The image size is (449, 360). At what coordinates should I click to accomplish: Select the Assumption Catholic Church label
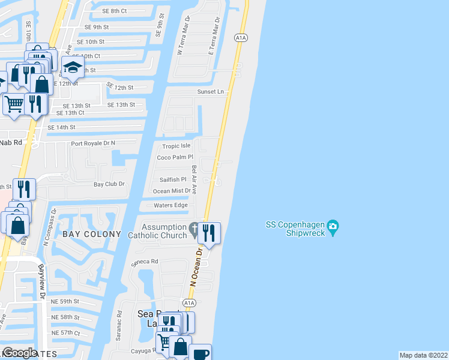click(164, 231)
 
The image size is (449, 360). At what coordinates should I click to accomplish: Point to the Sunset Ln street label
click(211, 92)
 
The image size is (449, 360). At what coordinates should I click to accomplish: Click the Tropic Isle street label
click(176, 146)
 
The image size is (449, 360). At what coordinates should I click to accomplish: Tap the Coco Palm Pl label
click(173, 157)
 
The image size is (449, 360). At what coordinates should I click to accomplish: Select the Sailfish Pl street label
click(173, 179)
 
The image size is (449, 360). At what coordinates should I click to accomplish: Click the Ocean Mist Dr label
click(172, 191)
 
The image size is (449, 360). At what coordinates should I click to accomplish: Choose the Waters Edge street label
click(171, 205)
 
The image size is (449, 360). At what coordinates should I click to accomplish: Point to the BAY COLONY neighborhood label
click(92, 234)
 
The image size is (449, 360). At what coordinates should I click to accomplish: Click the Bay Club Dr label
click(109, 184)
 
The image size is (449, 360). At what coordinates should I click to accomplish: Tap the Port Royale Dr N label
click(92, 143)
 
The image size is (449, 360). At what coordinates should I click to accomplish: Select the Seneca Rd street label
click(146, 262)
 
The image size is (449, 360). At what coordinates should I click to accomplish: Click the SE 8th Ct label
click(115, 11)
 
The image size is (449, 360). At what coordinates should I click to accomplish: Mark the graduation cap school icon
click(73, 68)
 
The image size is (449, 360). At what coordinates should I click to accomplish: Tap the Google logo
click(20, 353)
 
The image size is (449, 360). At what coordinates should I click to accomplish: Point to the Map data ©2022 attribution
click(423, 355)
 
